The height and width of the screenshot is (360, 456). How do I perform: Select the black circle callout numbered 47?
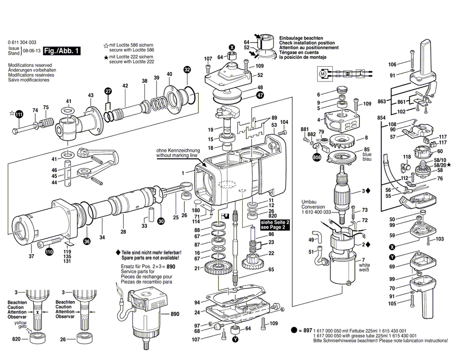tap(259, 95)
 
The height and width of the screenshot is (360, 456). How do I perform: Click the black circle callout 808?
tap(316, 157)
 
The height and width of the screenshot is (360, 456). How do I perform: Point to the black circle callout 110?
tap(49, 250)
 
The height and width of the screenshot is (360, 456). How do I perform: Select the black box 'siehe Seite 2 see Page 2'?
tap(275, 224)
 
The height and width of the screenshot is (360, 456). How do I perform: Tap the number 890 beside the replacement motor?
tap(175, 314)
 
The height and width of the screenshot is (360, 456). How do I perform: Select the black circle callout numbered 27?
tap(108, 91)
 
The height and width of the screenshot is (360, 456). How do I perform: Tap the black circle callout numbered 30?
tap(161, 221)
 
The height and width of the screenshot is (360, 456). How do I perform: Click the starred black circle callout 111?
tap(19, 114)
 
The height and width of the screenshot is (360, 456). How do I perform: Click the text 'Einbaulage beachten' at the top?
tap(301, 38)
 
